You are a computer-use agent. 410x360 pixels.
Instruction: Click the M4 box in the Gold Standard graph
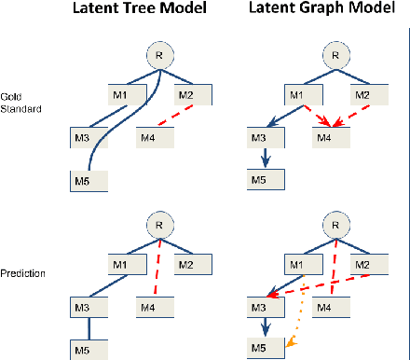[x=330, y=139]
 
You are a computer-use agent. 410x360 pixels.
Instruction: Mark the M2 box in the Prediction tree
[x=196, y=265]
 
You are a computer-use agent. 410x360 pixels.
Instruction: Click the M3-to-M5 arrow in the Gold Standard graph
[x=266, y=159]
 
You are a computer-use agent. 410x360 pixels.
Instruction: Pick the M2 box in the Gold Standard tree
[x=196, y=95]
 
